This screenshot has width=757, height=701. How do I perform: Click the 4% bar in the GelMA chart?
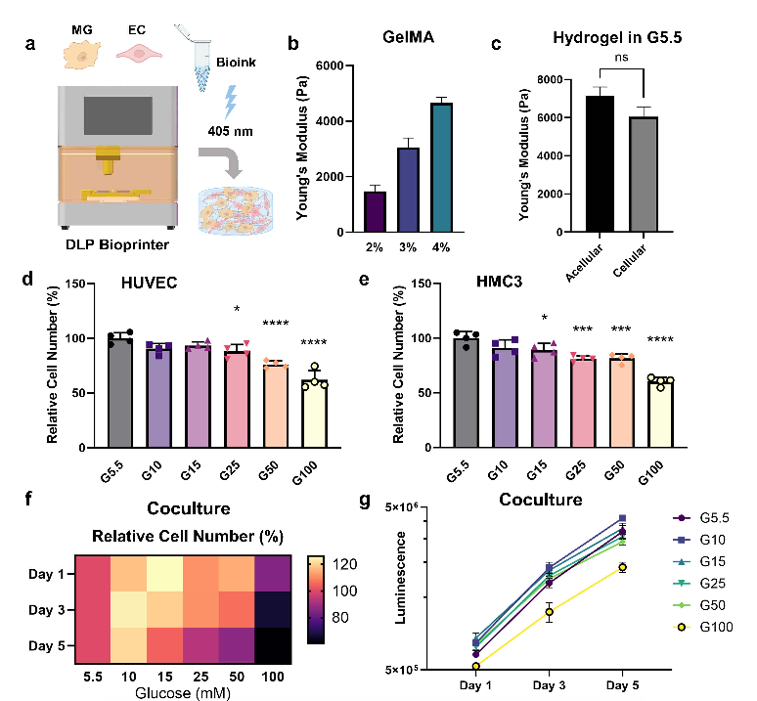[441, 167]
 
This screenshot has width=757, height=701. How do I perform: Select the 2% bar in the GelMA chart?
[375, 212]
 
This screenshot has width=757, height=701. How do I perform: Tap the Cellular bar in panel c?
[644, 174]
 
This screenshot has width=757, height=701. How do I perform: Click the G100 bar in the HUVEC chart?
[314, 414]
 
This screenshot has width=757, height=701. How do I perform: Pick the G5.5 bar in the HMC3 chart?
[467, 393]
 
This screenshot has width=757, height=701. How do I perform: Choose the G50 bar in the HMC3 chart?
[621, 404]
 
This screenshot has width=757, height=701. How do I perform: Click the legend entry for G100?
[703, 628]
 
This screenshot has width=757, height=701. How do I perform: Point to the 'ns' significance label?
[621, 58]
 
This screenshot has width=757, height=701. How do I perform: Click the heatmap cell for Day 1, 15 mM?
[164, 573]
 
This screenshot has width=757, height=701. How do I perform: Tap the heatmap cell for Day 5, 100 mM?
[273, 645]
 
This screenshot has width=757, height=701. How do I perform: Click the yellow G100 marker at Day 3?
[549, 612]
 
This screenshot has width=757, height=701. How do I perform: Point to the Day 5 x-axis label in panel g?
[622, 685]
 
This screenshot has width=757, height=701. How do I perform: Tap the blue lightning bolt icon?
[231, 102]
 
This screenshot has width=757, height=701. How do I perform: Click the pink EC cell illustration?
[139, 53]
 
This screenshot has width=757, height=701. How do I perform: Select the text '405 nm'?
[230, 131]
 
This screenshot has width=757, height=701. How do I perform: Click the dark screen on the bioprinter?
[118, 115]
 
